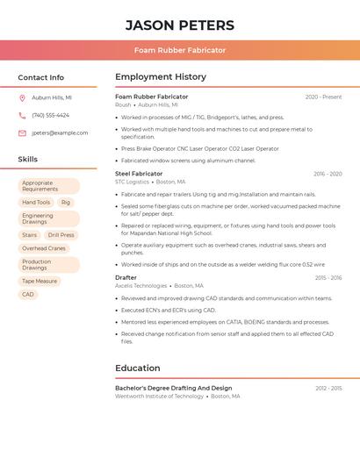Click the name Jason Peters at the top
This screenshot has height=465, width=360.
180,25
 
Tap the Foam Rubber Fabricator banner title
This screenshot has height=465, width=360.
180,50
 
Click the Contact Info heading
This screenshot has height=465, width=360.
40,77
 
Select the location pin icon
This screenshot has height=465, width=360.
22,98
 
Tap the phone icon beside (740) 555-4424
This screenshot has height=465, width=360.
22,116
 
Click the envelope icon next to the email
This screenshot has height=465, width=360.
22,133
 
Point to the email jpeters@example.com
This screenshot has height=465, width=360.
60,133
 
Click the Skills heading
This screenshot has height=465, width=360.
28,160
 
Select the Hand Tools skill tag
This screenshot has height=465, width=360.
36,203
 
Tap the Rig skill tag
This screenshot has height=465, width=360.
66,203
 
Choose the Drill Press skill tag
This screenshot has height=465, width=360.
61,235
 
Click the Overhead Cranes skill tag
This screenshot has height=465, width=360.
44,248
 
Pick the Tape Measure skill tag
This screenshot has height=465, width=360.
40,282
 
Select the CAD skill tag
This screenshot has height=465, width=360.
28,295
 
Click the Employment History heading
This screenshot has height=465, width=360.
161,77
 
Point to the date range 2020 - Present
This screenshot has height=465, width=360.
323,97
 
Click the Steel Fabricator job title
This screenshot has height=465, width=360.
139,174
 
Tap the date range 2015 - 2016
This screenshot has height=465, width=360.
328,278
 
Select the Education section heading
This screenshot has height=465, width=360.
138,368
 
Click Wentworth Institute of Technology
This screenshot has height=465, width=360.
159,397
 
